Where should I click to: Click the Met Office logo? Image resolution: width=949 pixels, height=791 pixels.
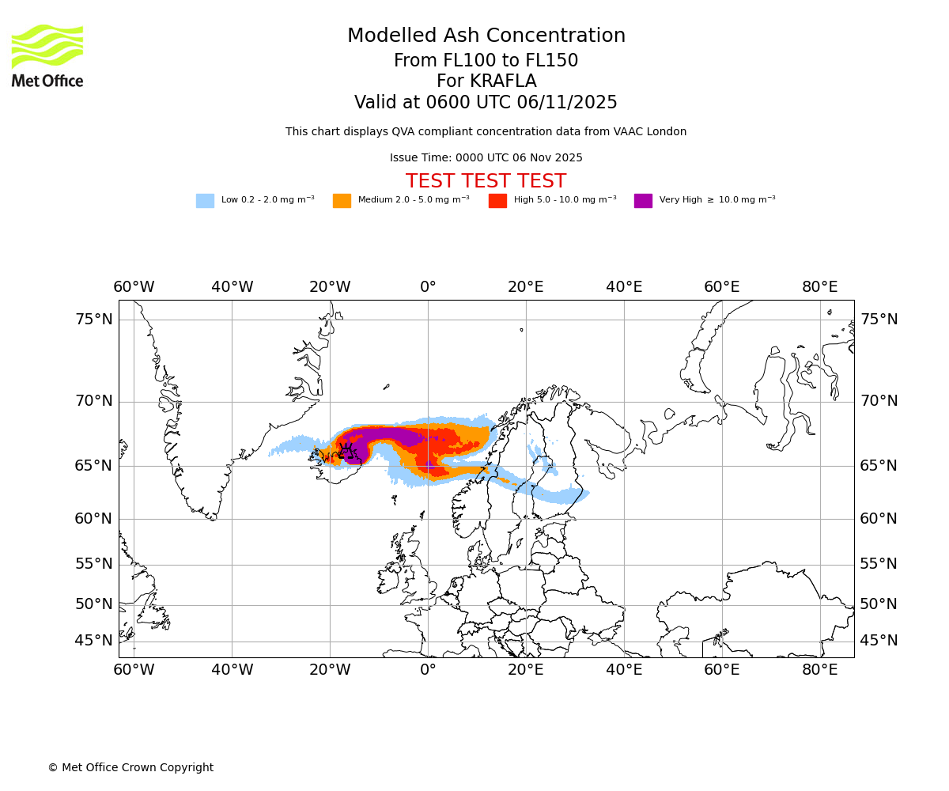click(47, 55)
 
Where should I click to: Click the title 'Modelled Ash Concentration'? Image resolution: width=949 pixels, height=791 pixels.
click(486, 36)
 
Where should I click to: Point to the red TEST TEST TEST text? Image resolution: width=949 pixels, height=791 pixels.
click(486, 182)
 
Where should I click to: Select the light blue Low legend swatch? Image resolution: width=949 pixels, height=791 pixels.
click(205, 201)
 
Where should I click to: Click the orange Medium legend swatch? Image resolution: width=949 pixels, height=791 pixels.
click(342, 201)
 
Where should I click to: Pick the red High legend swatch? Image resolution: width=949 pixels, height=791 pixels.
click(497, 201)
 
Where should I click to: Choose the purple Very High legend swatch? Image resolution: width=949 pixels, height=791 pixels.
click(643, 201)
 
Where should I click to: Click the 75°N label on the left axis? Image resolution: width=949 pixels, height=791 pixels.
click(94, 320)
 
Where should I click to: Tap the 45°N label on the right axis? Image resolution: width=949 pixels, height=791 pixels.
click(879, 641)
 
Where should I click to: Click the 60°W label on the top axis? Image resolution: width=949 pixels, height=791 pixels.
click(134, 287)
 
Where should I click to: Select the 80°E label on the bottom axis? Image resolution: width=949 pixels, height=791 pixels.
click(820, 671)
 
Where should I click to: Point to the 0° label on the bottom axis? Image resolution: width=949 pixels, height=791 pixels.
click(428, 671)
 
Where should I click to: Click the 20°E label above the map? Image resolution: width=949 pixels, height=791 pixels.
click(526, 287)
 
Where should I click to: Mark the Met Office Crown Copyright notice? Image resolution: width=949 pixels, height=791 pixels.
click(130, 768)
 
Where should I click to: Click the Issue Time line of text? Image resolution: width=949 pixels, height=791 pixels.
click(486, 158)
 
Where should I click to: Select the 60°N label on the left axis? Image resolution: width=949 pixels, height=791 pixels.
click(94, 519)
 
